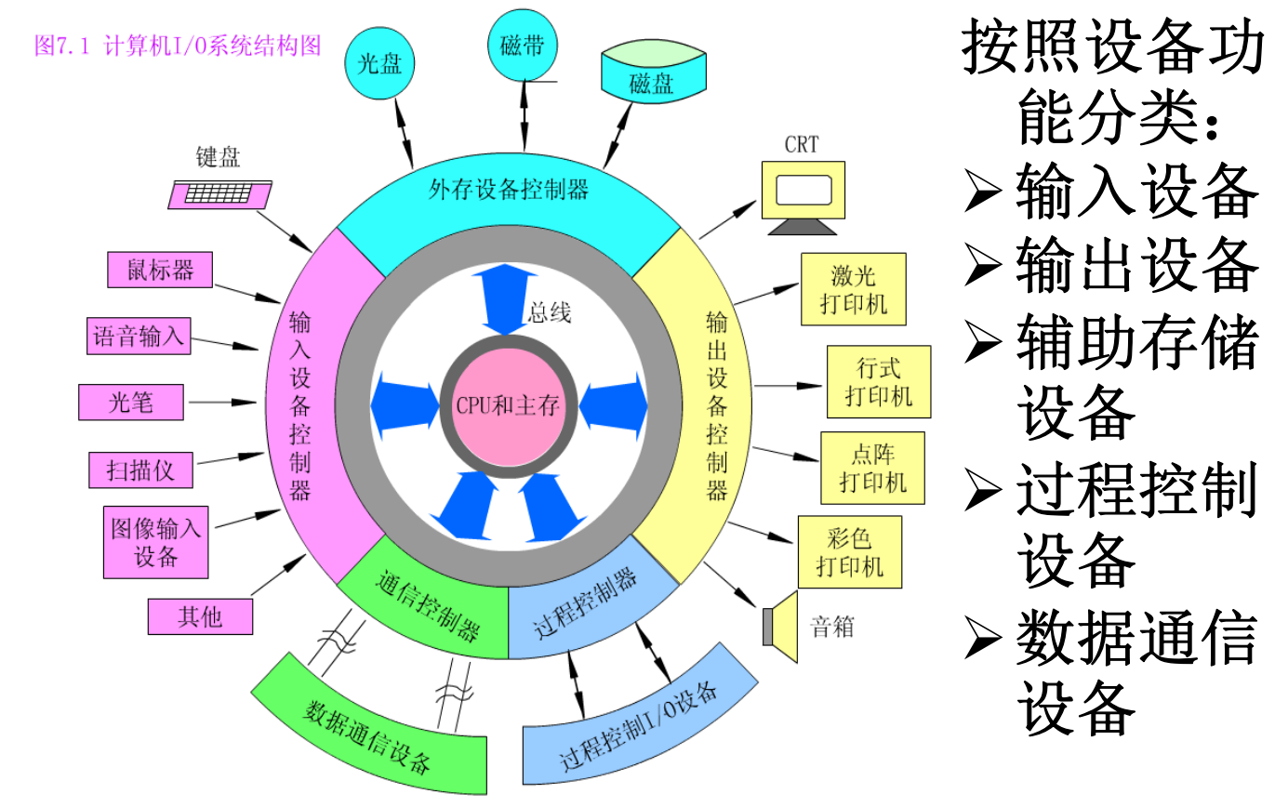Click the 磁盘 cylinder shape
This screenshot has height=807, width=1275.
[x=650, y=75]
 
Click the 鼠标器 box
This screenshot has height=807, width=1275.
[x=160, y=270]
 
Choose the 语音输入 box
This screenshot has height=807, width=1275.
[x=139, y=336]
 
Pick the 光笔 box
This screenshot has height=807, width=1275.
[x=131, y=402]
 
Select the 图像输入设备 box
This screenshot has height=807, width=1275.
[x=155, y=542]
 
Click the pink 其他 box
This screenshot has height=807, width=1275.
[x=199, y=615]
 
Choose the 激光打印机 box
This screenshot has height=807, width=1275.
[x=853, y=290]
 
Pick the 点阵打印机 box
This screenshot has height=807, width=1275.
[x=872, y=467]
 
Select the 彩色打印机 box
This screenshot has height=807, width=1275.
[x=849, y=551]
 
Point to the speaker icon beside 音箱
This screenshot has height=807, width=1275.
[x=782, y=626]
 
